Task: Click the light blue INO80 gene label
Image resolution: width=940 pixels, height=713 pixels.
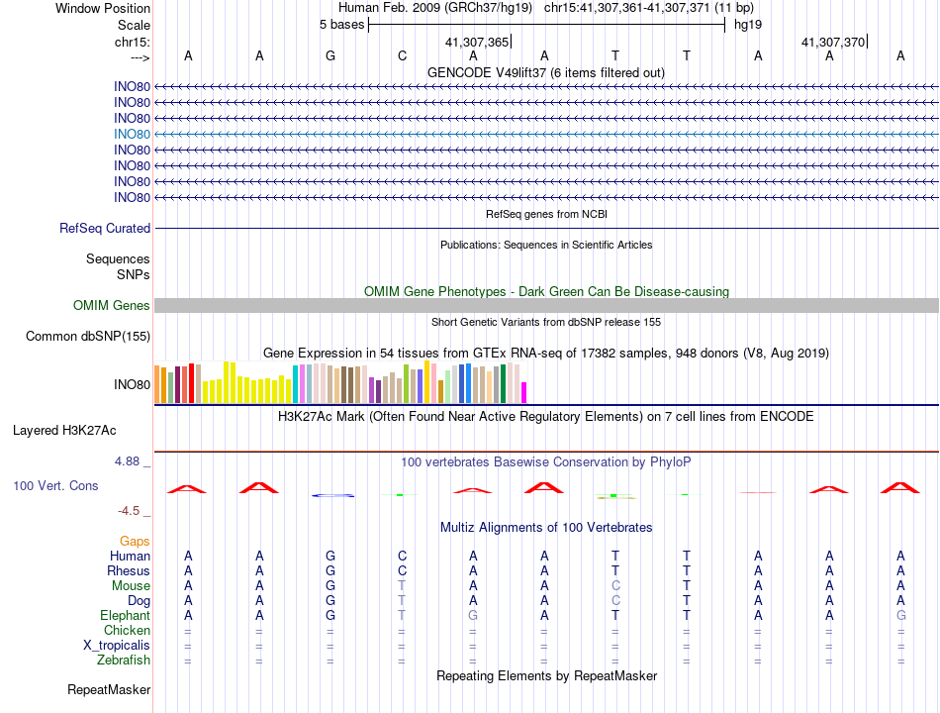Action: (132, 135)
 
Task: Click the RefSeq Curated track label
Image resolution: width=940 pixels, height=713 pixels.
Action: (105, 228)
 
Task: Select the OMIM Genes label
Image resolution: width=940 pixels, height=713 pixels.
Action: (112, 305)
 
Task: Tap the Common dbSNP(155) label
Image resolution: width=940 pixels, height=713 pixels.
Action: (88, 336)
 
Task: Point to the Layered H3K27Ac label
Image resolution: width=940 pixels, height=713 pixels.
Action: (64, 431)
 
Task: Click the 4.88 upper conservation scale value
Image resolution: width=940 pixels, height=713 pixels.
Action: (127, 461)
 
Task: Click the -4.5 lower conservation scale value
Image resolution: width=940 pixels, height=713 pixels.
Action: (129, 511)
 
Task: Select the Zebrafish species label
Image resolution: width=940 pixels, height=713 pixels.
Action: (124, 661)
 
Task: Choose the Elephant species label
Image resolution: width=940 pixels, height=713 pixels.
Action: (126, 616)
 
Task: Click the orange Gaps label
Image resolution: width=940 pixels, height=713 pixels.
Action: (135, 542)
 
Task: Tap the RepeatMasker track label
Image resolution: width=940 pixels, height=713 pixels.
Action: (109, 690)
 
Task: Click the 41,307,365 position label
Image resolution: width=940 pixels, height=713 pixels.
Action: (477, 42)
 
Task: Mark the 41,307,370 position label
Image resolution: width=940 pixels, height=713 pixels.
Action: (833, 42)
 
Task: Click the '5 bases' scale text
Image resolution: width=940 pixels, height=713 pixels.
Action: (341, 25)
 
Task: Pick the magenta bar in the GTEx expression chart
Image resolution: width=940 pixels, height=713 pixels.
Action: (524, 392)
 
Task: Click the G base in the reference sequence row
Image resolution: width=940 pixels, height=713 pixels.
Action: (330, 55)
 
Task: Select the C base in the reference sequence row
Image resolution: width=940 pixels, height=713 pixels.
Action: (403, 55)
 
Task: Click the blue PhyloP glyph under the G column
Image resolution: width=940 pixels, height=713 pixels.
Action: (332, 495)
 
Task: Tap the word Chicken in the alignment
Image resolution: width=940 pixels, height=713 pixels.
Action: (127, 630)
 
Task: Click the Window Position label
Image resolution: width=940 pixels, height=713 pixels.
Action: (103, 8)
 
